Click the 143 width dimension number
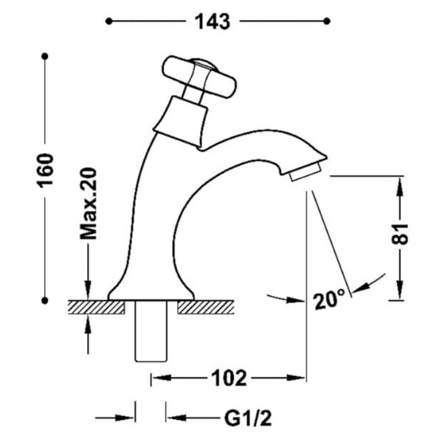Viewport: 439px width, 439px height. pyautogui.click(x=212, y=21)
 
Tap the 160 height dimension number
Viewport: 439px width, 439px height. pyautogui.click(x=45, y=170)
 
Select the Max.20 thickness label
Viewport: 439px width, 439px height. pyautogui.click(x=89, y=204)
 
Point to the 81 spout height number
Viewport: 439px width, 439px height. pyautogui.click(x=400, y=234)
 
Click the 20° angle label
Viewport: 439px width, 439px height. pyautogui.click(x=329, y=300)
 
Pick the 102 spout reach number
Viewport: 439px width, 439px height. pyautogui.click(x=229, y=378)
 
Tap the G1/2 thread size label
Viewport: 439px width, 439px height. pyautogui.click(x=248, y=418)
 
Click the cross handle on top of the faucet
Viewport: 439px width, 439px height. pyautogui.click(x=199, y=77)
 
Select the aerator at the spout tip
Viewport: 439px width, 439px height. pyautogui.click(x=305, y=172)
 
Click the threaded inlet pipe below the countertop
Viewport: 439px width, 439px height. pyautogui.click(x=151, y=331)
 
